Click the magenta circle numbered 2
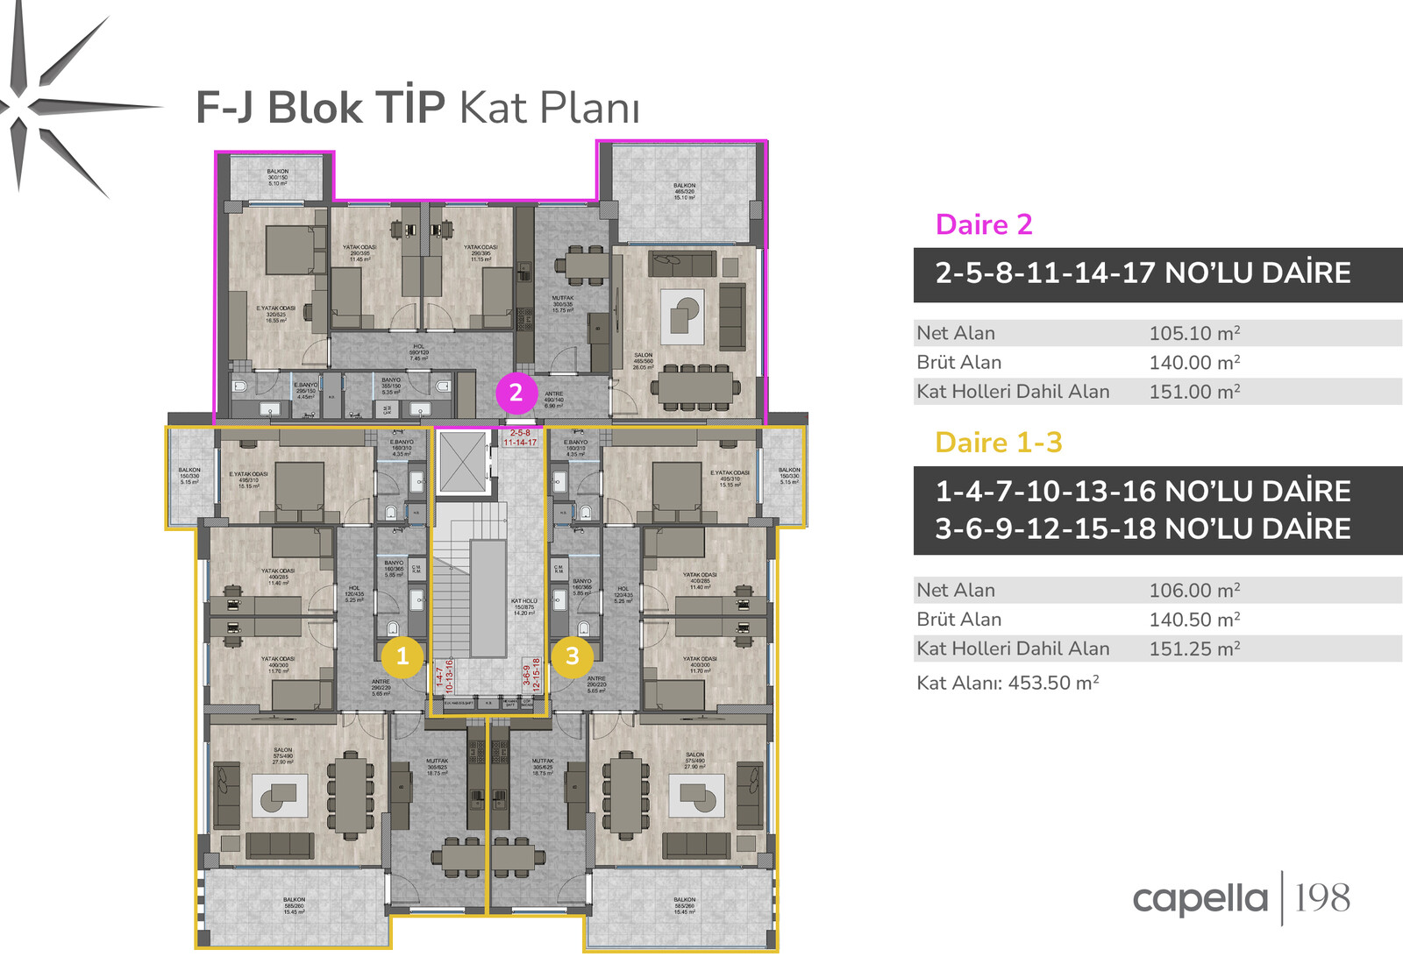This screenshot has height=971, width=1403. point(516,393)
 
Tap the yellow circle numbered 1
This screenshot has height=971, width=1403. point(402,656)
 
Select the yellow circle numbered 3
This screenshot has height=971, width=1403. point(573,656)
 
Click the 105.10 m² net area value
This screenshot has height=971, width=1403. point(1194,333)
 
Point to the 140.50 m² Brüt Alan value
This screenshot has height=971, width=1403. point(1194,620)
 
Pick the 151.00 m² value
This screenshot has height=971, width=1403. point(1194,392)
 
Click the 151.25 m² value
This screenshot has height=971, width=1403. point(1194,649)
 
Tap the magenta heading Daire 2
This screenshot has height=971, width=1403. point(984,224)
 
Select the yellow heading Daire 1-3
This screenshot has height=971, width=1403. point(999,443)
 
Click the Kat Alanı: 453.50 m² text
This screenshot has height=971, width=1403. point(1008,683)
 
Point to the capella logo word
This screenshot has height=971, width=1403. point(1200,899)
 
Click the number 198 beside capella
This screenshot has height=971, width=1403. point(1322,898)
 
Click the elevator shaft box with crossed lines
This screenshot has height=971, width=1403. point(462,462)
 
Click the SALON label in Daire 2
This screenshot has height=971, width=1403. point(644,360)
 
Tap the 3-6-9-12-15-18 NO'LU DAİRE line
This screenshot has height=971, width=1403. point(1143,529)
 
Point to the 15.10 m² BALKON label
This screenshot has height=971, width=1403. point(684,191)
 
